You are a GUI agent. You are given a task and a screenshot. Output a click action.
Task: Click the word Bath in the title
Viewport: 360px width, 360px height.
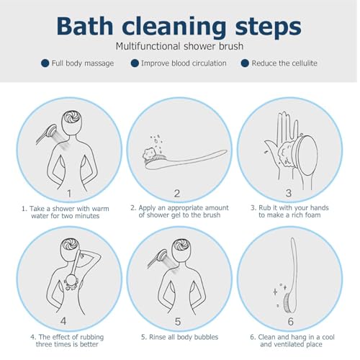tap(85, 26)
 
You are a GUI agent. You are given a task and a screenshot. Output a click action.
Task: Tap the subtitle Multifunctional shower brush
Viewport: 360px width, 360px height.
tap(179, 46)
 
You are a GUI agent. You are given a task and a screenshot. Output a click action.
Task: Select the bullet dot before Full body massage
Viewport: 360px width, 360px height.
tap(45, 63)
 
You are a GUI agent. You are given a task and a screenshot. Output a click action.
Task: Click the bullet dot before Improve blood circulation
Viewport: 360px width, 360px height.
tap(135, 63)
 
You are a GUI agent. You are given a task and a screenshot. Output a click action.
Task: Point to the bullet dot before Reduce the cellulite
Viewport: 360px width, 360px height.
tap(245, 63)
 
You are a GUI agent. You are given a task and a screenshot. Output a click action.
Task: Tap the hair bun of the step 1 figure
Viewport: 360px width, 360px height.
tap(72, 117)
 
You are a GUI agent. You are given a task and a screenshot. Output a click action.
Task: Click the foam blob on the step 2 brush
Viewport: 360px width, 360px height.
tap(150, 154)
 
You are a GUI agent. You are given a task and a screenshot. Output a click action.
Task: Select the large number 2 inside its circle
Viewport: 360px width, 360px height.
tap(177, 194)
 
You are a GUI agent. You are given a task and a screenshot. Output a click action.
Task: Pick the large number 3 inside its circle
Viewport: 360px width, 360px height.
tap(289, 193)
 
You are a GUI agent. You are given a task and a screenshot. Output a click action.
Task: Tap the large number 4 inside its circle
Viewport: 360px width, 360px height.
tap(63, 321)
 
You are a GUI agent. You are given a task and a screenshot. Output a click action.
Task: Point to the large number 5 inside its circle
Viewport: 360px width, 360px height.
tap(178, 322)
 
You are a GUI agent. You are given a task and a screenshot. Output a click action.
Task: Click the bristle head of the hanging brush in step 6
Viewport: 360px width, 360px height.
tap(288, 303)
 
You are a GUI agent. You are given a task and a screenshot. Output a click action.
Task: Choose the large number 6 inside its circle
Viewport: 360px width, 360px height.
tap(290, 322)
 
